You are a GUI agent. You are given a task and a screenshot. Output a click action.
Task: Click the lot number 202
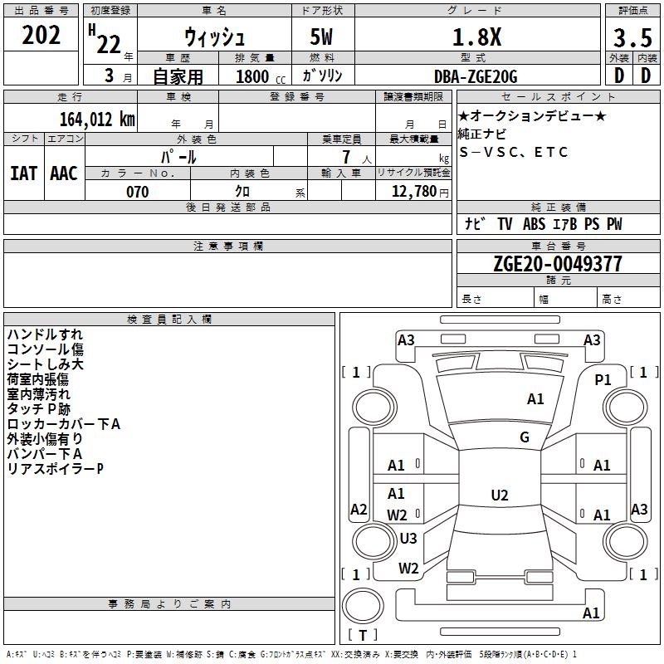pyautogui.click(x=41, y=35)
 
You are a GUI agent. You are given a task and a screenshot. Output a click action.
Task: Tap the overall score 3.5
pyautogui.click(x=632, y=38)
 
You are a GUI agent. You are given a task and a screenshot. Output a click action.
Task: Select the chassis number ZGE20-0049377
pyautogui.click(x=557, y=265)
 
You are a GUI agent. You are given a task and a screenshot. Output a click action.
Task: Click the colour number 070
pyautogui.click(x=137, y=192)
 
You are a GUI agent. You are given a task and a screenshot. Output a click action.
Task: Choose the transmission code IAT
pyautogui.click(x=24, y=173)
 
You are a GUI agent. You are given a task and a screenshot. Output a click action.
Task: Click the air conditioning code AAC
pyautogui.click(x=64, y=173)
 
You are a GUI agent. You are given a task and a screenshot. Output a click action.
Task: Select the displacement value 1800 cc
pyautogui.click(x=252, y=77)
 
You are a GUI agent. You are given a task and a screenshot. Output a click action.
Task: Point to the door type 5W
pyautogui.click(x=323, y=38)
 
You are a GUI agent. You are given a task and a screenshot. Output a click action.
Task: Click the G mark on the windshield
pyautogui.click(x=525, y=437)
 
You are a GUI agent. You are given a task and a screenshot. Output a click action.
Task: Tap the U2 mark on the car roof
pyautogui.click(x=500, y=496)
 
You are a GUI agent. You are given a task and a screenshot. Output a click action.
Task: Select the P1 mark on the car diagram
pyautogui.click(x=603, y=379)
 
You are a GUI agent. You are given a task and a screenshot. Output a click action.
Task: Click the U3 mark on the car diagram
pyautogui.click(x=408, y=539)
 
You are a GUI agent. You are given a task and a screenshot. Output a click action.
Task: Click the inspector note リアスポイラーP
pyautogui.click(x=56, y=469)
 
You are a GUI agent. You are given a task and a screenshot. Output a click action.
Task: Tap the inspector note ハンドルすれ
pyautogui.click(x=45, y=334)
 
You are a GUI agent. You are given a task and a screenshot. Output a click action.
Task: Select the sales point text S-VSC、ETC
pyautogui.click(x=514, y=153)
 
